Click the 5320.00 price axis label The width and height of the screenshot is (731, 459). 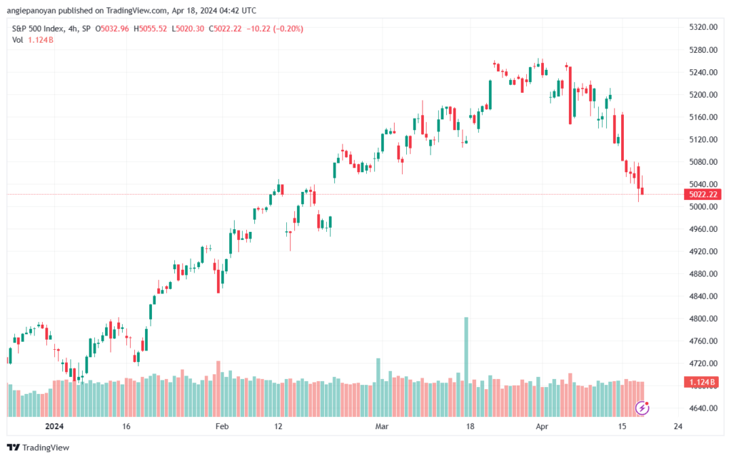coord(703,27)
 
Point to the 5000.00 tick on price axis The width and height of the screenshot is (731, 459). coord(703,206)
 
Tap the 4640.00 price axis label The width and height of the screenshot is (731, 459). coord(703,408)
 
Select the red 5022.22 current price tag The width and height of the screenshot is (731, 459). coord(702,194)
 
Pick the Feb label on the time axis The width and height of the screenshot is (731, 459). coord(222,426)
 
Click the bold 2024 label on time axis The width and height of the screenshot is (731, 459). coord(54,426)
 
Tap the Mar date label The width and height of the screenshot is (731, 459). coord(382,426)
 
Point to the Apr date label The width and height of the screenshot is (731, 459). coord(542,426)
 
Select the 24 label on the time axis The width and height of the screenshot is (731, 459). coord(678,426)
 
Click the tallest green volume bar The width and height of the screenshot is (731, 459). coord(465,367)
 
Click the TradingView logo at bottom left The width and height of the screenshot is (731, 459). coord(39,448)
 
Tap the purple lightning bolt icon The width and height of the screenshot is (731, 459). coord(642,408)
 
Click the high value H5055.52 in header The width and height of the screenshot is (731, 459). coord(150,29)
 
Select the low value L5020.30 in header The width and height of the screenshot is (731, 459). coord(188,29)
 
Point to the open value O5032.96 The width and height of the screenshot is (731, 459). coord(112,29)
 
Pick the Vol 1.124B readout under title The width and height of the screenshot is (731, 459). coord(33,40)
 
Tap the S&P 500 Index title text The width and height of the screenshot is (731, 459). coord(37,29)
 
